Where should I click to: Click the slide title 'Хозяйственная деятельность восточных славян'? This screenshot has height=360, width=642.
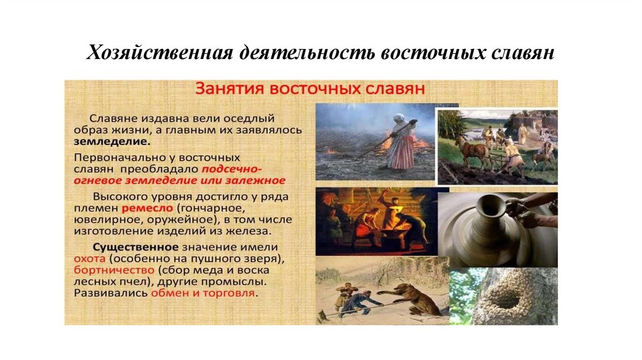(x=320, y=52)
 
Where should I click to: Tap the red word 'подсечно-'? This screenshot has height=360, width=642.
(x=231, y=169)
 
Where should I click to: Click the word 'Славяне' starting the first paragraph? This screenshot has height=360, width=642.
(x=112, y=118)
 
